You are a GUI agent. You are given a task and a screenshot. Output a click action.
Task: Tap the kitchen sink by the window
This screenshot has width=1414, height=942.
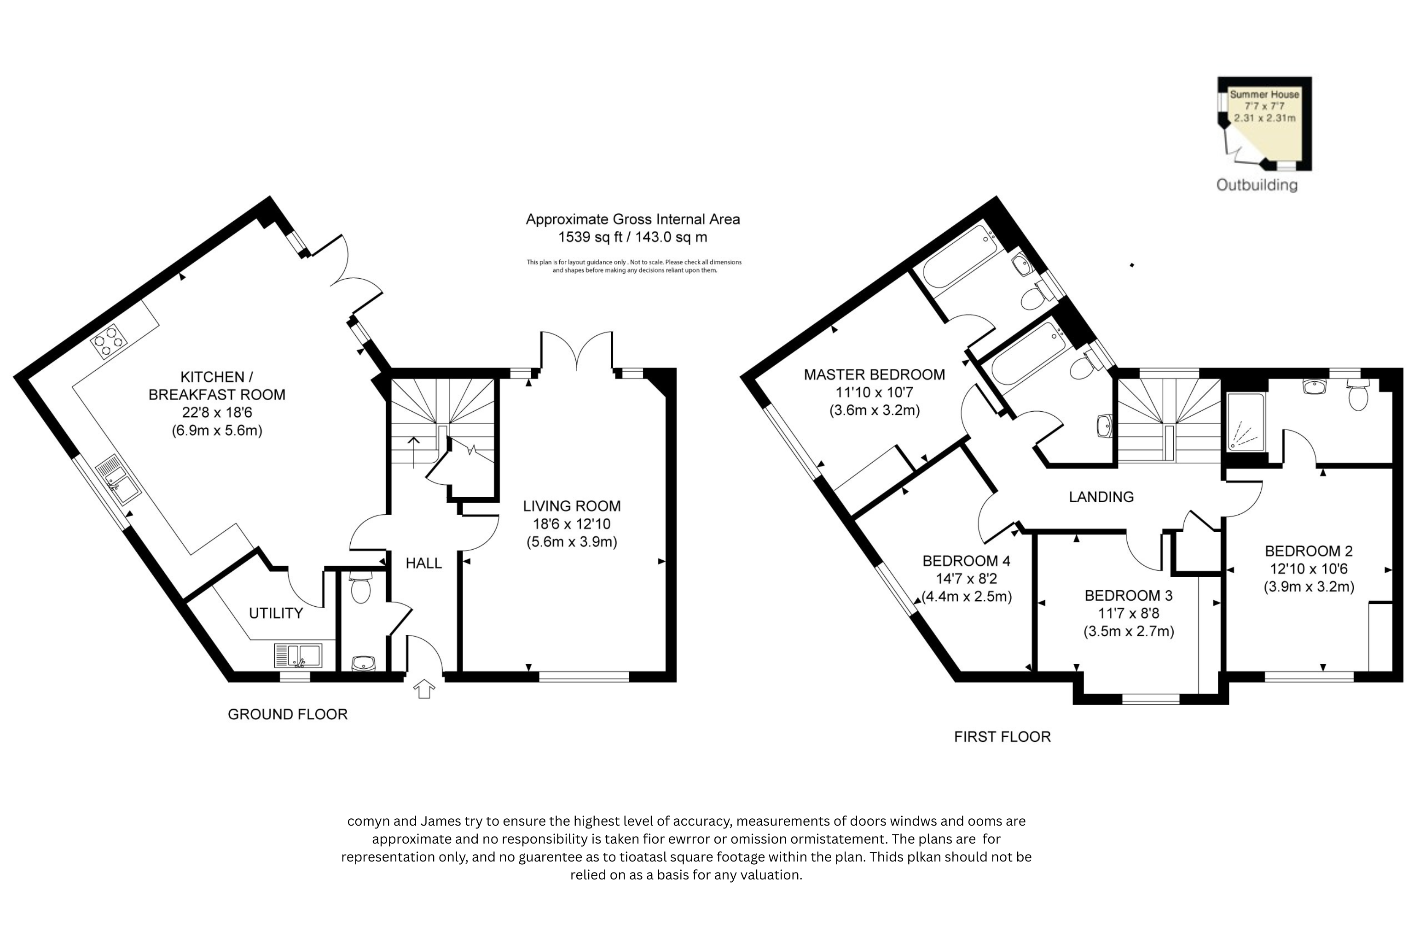pyautogui.click(x=118, y=480)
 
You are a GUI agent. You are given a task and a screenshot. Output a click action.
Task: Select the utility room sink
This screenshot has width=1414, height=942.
pyautogui.click(x=298, y=655)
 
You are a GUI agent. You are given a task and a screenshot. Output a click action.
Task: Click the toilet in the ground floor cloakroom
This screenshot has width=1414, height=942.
pyautogui.click(x=361, y=587)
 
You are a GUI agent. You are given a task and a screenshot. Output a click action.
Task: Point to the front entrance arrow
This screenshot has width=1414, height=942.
pyautogui.click(x=424, y=689)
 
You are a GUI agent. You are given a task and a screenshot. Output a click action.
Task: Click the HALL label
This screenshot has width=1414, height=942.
pyautogui.click(x=424, y=563)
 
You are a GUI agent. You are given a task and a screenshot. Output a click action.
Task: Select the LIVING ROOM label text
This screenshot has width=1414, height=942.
pyautogui.click(x=572, y=506)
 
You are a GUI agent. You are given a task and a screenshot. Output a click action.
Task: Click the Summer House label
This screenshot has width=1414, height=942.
pyautogui.click(x=1264, y=94)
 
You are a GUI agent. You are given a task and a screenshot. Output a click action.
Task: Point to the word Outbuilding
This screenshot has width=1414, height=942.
pyautogui.click(x=1257, y=185)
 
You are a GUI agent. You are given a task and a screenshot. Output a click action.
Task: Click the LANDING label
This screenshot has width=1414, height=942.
pyautogui.click(x=1101, y=497)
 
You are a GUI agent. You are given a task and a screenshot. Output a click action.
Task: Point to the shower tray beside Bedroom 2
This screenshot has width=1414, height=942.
pyautogui.click(x=1246, y=422)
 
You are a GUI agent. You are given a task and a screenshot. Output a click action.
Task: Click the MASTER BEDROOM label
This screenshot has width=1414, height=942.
pyautogui.click(x=875, y=375)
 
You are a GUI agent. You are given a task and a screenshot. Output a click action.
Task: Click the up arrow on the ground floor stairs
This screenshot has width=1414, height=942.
pyautogui.click(x=414, y=453)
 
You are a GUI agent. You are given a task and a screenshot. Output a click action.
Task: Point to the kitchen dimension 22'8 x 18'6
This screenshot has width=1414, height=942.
pyautogui.click(x=217, y=413)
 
